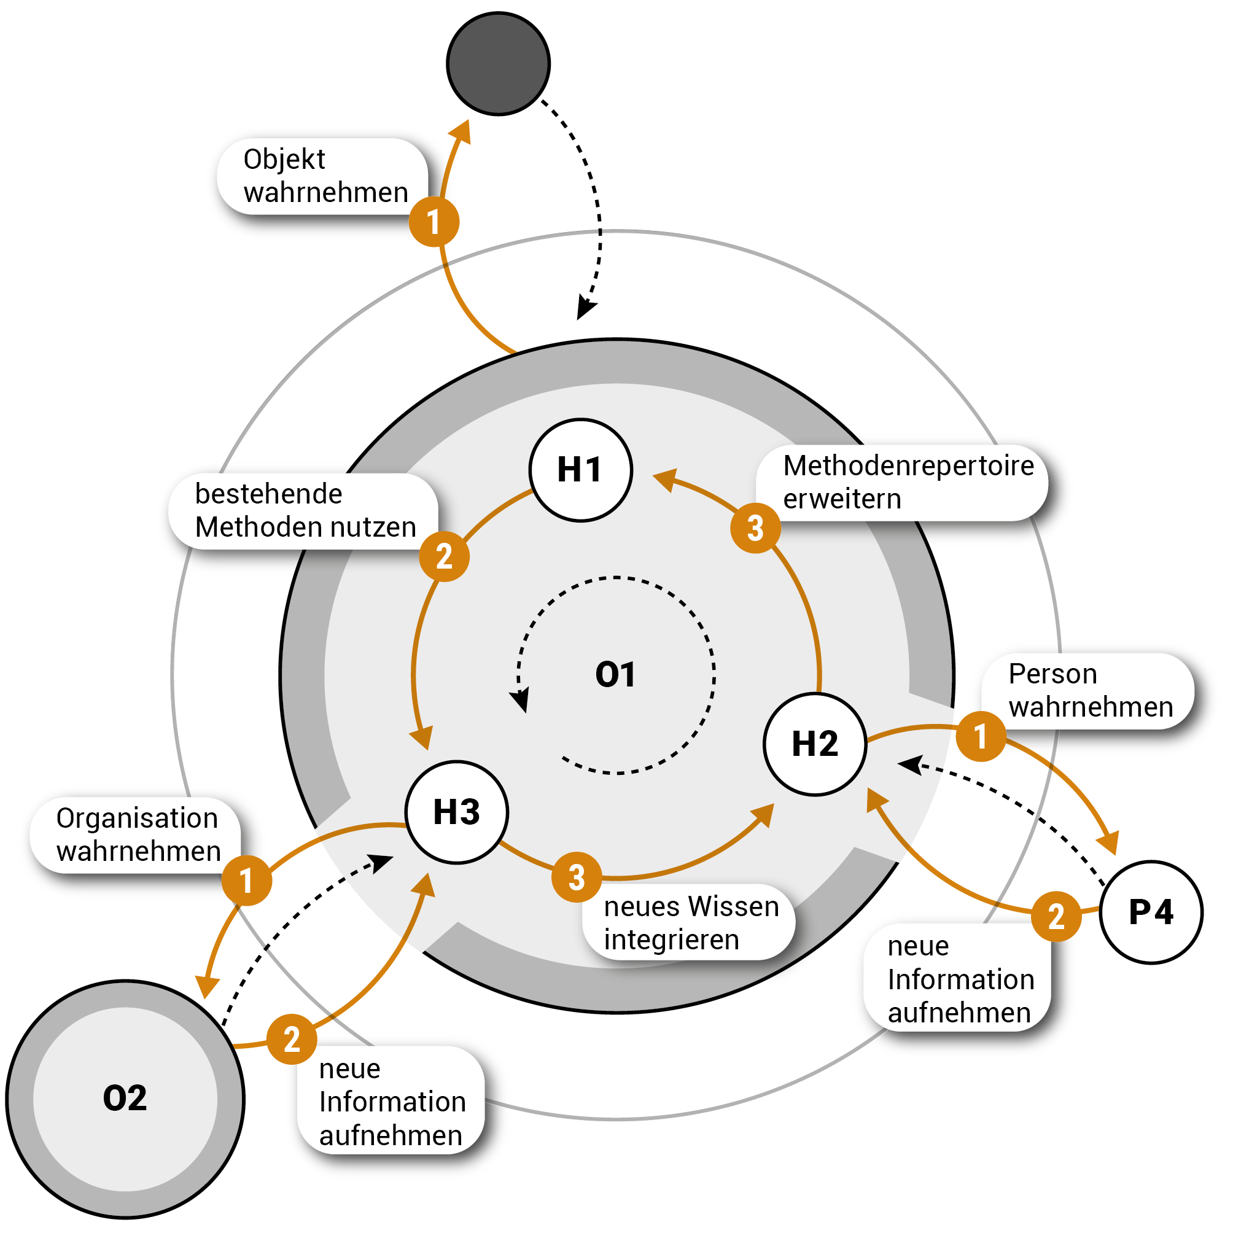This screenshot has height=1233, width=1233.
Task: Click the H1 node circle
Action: [x=581, y=470]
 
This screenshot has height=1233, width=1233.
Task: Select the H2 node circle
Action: [x=815, y=744]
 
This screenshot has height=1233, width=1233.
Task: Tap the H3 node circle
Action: [x=457, y=812]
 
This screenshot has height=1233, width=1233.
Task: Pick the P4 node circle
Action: [x=1151, y=912]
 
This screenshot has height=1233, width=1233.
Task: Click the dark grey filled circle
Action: [x=499, y=64]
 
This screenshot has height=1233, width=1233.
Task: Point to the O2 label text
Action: [x=125, y=1099]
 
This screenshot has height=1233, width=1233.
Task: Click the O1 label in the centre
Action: [x=615, y=675]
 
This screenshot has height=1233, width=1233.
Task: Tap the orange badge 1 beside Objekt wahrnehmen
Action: [x=434, y=222]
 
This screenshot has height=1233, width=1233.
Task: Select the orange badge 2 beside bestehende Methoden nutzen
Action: [x=444, y=556]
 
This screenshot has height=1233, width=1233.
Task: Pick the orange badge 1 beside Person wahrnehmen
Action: [x=981, y=736]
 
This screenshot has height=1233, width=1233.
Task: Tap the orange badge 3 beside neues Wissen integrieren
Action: [x=577, y=877]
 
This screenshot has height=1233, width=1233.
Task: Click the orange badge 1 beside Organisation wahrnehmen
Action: [x=246, y=881]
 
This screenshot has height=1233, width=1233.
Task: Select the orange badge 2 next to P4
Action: [x=1056, y=916]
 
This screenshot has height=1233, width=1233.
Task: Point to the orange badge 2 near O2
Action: [x=292, y=1040]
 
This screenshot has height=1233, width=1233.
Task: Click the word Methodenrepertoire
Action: [x=908, y=466]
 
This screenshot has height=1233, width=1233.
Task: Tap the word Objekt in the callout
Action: [x=284, y=160]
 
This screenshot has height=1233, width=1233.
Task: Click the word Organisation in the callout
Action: [x=137, y=819]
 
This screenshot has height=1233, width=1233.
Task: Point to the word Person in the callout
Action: [x=1052, y=675]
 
